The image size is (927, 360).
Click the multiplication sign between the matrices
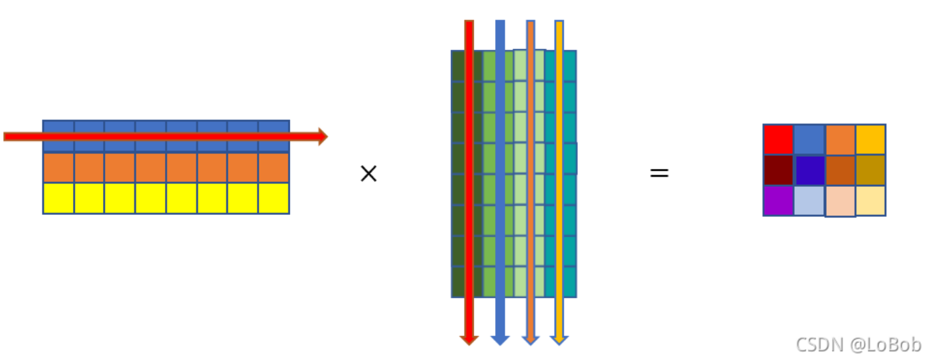(x=368, y=174)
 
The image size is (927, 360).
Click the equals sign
(x=659, y=173)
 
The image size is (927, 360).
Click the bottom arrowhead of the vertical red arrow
(x=469, y=340)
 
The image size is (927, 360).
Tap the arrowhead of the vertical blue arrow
(x=500, y=340)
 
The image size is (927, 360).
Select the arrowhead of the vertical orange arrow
(x=531, y=340)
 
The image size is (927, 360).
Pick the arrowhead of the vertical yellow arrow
(x=559, y=340)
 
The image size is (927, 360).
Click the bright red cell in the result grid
(x=778, y=140)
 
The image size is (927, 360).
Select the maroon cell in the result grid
(x=778, y=170)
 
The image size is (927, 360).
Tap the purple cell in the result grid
(x=778, y=200)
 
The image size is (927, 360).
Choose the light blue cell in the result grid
(x=809, y=200)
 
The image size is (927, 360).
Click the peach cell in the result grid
(x=840, y=201)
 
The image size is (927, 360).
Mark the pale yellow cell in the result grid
(x=870, y=200)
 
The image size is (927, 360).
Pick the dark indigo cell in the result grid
(x=809, y=170)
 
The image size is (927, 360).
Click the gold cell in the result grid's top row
(x=870, y=140)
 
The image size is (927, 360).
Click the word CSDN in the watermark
(x=819, y=344)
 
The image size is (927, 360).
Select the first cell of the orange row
(x=59, y=168)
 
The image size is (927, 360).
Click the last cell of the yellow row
(x=274, y=198)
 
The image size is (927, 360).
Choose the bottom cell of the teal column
(x=561, y=282)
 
